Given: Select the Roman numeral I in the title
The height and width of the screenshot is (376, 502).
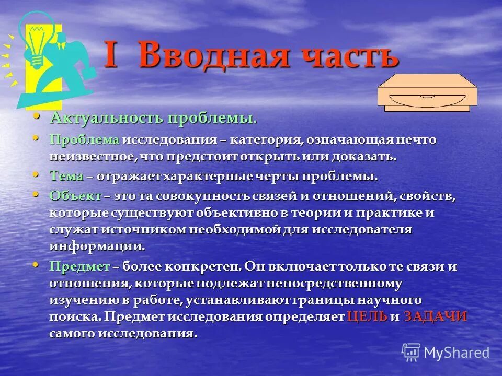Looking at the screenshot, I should pos(111,55).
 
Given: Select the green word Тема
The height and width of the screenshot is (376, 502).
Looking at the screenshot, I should pos(66,176).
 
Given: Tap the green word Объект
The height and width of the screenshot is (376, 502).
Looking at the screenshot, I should pos(75,196).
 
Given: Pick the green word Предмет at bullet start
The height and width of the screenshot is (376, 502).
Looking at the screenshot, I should pos(80,266).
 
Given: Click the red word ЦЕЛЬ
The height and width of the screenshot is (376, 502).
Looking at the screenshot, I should pos(367,316).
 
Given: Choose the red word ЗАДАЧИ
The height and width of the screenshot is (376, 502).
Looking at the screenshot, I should pos(435,316).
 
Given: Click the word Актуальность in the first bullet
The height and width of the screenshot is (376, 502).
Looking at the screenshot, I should pos(107,118).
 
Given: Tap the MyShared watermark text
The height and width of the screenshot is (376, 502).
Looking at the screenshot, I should pos(456,352).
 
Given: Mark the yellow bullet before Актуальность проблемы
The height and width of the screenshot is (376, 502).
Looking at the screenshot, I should pos(36,116).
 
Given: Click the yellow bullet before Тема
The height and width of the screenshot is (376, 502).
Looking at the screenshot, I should pos(36,174).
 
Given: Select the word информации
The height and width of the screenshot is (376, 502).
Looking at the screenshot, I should pos(97,246).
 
